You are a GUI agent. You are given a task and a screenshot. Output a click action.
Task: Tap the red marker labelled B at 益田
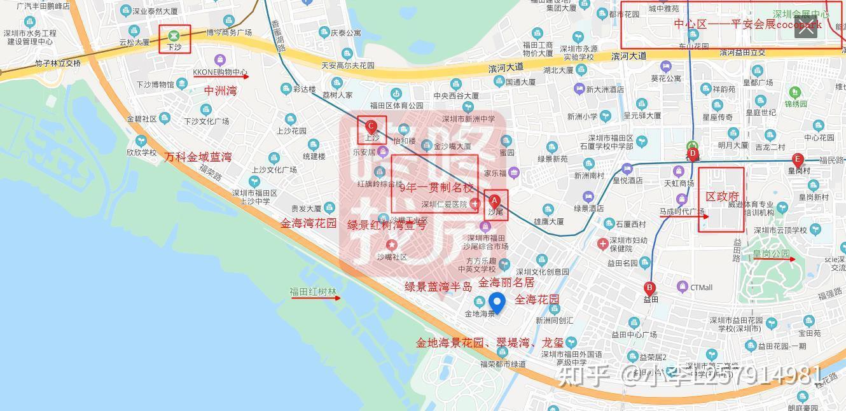(649, 288)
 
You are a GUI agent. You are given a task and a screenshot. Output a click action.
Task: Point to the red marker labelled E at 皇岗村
(797, 160)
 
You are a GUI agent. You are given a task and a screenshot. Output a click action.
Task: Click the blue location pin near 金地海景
(496, 303)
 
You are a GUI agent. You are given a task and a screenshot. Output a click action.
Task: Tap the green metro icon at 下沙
(174, 36)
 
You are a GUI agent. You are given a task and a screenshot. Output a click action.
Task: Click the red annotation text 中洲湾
(220, 91)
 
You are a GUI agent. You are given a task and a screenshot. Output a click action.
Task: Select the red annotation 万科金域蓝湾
(198, 157)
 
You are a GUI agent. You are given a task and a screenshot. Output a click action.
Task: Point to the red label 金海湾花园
(309, 223)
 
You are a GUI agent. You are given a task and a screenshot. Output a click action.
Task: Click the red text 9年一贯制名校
(436, 188)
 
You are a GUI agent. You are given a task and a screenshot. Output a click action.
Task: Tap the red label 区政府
(722, 197)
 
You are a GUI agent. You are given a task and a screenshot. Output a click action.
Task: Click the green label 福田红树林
(313, 293)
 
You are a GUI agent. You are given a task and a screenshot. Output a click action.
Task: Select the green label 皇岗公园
(771, 254)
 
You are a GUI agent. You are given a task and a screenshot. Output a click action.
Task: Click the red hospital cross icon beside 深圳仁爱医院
(475, 204)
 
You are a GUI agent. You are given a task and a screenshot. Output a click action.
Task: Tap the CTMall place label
(701, 288)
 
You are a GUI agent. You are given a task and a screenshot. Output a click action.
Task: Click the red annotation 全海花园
(537, 300)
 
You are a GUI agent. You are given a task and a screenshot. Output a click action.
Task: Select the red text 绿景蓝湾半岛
(438, 287)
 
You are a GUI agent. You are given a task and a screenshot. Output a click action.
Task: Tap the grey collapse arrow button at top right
(805, 27)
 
